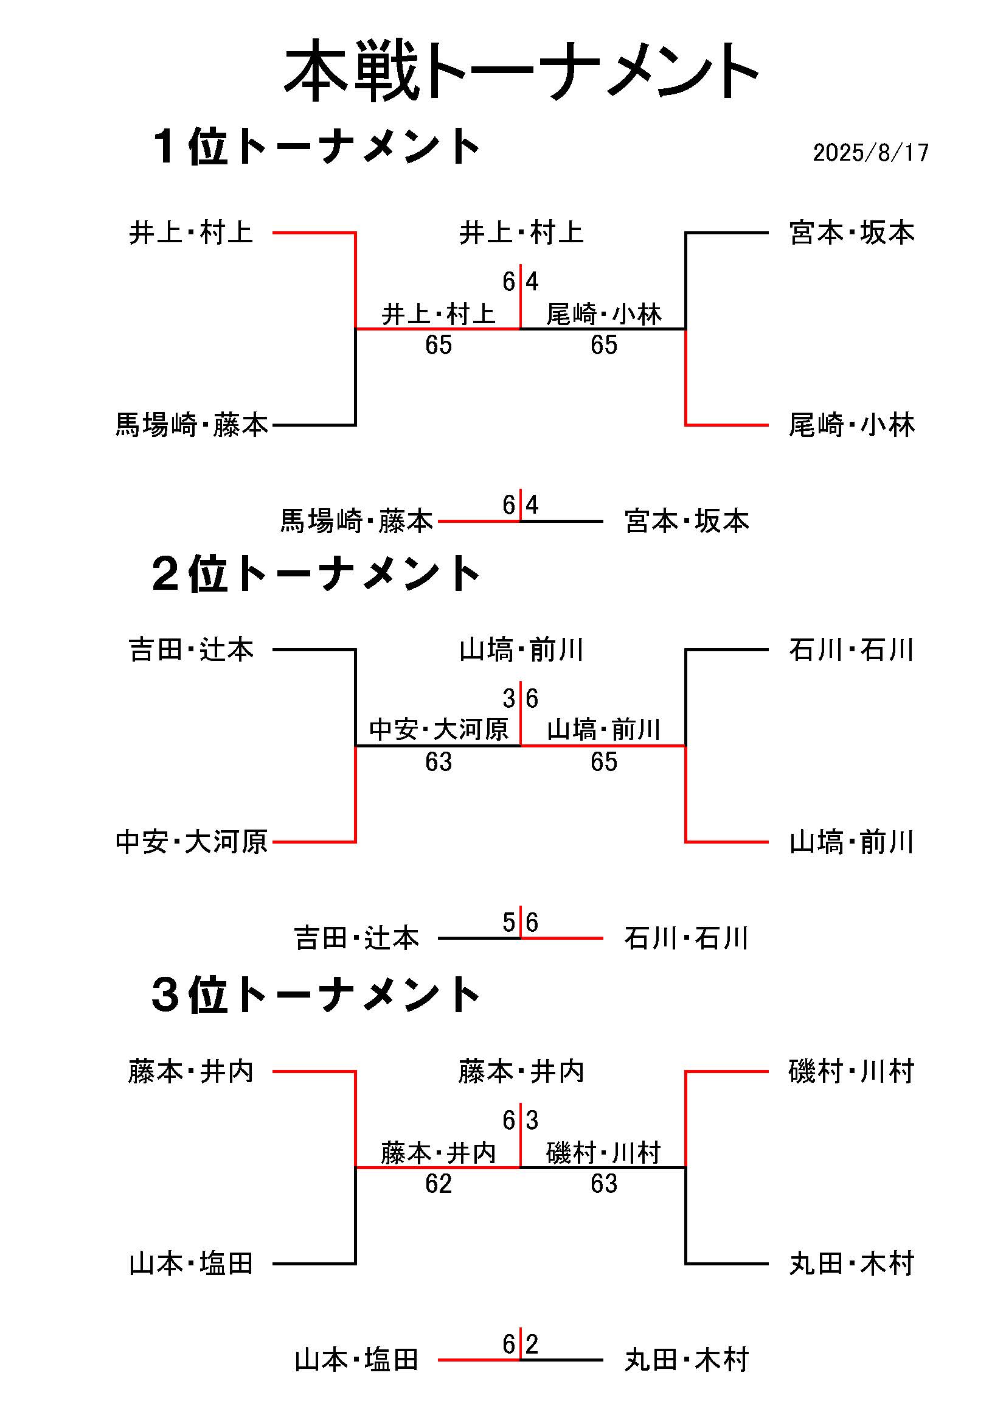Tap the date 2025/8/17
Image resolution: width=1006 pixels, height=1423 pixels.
pyautogui.click(x=870, y=152)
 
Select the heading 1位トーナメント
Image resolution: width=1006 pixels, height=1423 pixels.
pyautogui.click(x=316, y=147)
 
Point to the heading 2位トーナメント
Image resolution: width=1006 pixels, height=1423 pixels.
pyautogui.click(x=316, y=574)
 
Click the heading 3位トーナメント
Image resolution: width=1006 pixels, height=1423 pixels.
pyautogui.click(x=316, y=995)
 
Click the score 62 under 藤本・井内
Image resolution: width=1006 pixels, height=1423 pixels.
pyautogui.click(x=439, y=1184)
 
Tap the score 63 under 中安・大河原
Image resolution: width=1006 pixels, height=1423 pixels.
pyautogui.click(x=439, y=761)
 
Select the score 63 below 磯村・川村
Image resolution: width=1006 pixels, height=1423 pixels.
pyautogui.click(x=604, y=1184)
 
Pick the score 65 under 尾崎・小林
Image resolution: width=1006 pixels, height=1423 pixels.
pyautogui.click(x=604, y=345)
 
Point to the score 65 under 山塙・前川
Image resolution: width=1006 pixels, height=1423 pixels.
pyautogui.click(x=604, y=761)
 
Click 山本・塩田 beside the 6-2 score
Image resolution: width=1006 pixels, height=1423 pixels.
pyautogui.click(x=357, y=1360)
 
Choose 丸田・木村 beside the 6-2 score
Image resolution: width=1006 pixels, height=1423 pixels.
pyautogui.click(x=687, y=1360)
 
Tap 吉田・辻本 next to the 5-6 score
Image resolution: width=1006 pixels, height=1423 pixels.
pyautogui.click(x=357, y=939)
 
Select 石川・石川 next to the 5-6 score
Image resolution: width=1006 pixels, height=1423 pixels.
pyautogui.click(x=687, y=939)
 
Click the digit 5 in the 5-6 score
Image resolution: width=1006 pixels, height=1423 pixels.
pyautogui.click(x=509, y=922)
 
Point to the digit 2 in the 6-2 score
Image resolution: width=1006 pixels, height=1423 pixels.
pyautogui.click(x=532, y=1344)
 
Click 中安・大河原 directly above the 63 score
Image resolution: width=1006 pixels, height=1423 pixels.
pyautogui.click(x=439, y=730)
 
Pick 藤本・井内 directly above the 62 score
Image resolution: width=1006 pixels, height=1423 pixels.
pyautogui.click(x=439, y=1153)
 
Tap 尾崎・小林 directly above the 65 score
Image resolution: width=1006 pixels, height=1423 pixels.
pyautogui.click(x=604, y=314)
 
